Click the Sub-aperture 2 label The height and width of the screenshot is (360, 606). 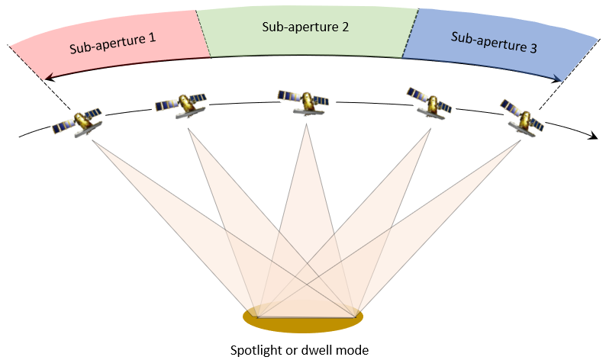pos(305,27)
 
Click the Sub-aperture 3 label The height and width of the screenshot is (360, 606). pos(494,42)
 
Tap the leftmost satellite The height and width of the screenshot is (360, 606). pos(77,121)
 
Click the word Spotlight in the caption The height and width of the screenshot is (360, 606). pos(256,350)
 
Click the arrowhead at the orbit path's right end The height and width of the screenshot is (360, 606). pos(591,136)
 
